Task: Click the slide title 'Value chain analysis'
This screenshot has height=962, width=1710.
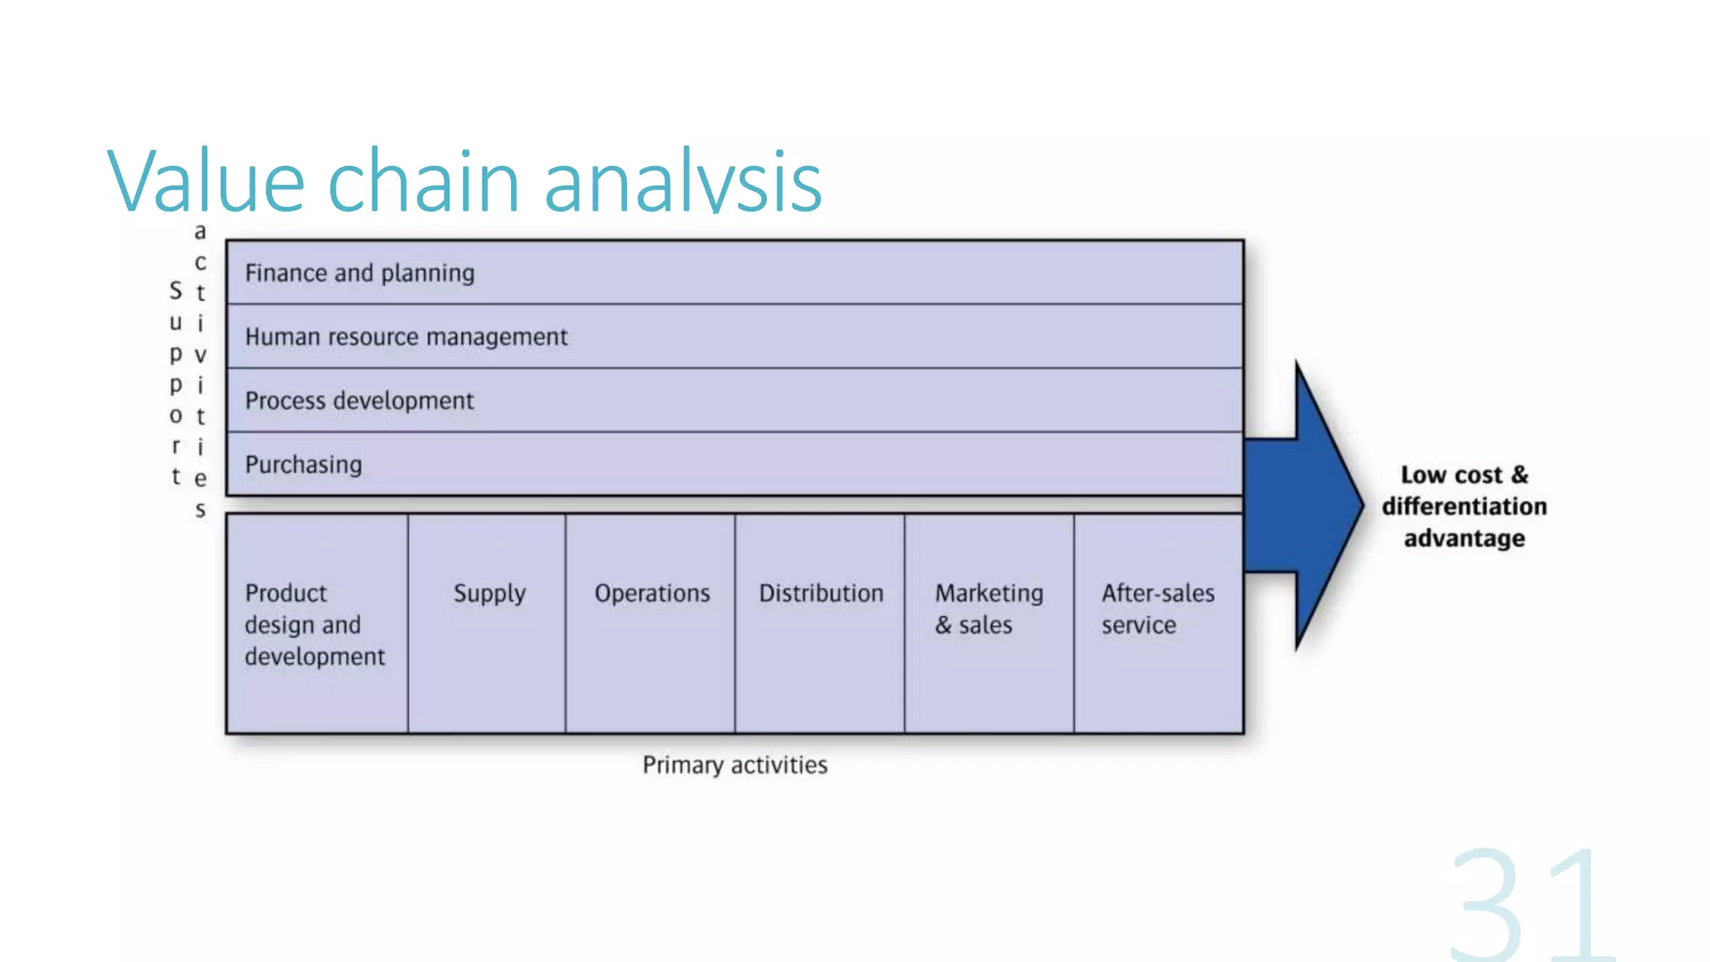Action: click(464, 180)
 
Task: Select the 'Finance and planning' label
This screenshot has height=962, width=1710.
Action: click(359, 273)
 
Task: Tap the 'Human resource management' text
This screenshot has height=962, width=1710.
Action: click(406, 337)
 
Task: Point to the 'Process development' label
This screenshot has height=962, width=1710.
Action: click(359, 401)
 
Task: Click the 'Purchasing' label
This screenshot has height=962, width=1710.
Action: click(303, 464)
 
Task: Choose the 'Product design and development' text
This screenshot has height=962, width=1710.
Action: click(314, 625)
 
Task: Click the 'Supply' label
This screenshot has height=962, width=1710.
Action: click(489, 594)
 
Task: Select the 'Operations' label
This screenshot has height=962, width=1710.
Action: click(652, 594)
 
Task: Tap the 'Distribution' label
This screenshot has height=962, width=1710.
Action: click(821, 594)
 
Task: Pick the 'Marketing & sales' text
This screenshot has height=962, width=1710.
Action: click(988, 609)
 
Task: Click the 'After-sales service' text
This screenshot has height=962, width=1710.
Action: click(1157, 609)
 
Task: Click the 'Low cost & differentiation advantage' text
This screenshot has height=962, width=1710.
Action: click(1464, 506)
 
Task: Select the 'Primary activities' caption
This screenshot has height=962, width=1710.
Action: click(735, 765)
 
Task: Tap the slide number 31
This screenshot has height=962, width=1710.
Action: click(1530, 906)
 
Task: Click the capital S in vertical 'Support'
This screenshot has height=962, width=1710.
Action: click(175, 291)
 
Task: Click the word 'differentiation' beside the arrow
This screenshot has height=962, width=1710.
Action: click(1464, 506)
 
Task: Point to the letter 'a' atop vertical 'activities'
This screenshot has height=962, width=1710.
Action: click(200, 231)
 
